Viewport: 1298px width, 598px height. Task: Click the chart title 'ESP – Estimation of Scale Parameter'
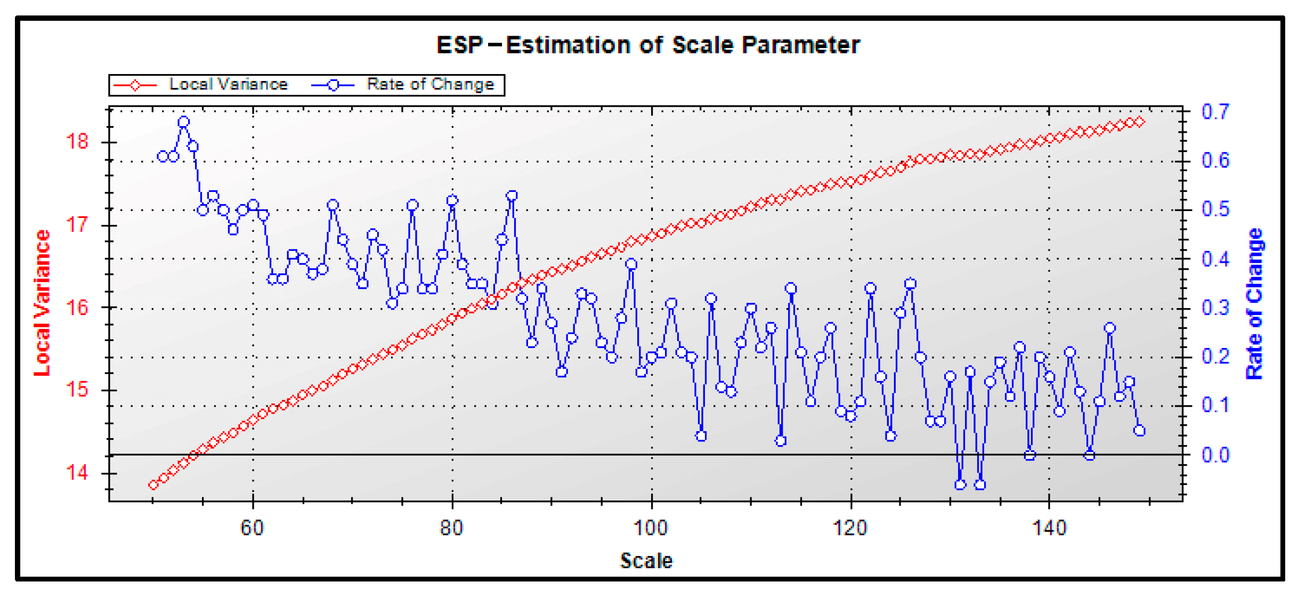pos(648,45)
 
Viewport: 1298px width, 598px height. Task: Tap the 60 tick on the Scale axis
pos(252,528)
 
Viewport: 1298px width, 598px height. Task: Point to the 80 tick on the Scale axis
pos(451,528)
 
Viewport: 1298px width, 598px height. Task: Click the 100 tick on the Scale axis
pos(651,528)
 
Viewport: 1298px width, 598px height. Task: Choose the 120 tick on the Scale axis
pos(850,528)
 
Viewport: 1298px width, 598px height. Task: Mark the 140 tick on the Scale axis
pos(1049,528)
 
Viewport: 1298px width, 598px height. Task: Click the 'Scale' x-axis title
pos(646,561)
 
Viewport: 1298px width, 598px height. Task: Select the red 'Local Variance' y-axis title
pos(42,303)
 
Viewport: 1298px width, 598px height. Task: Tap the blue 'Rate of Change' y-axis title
pos(1255,304)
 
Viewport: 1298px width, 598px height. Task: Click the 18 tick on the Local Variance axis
pos(77,142)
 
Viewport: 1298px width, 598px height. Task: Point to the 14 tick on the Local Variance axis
pos(77,473)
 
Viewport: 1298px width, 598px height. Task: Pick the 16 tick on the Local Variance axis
pos(77,308)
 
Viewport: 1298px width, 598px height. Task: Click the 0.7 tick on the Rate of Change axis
pos(1215,111)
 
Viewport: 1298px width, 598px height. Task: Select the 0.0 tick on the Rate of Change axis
pos(1215,455)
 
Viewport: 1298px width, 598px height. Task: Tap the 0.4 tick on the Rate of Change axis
pos(1215,259)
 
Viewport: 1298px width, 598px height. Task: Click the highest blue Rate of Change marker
pos(184,122)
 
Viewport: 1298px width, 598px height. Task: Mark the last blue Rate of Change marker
pos(1140,431)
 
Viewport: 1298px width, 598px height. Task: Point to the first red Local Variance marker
pos(153,484)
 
